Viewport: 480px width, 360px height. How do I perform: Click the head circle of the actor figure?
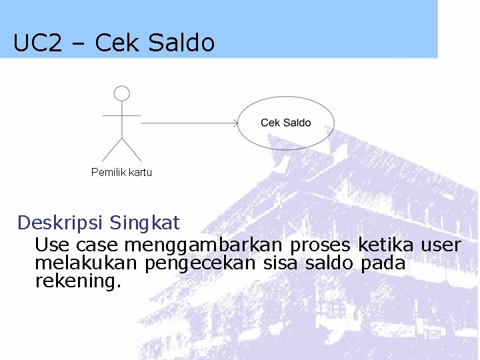(x=121, y=93)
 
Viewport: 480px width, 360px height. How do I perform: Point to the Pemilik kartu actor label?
(x=121, y=173)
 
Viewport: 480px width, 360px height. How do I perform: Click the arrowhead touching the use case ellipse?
(x=235, y=123)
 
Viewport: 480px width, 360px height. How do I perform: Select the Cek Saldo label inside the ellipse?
(x=285, y=123)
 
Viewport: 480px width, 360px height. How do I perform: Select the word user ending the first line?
(x=440, y=245)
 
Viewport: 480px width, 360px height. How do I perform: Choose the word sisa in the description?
(x=281, y=263)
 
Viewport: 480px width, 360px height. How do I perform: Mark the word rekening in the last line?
(x=76, y=281)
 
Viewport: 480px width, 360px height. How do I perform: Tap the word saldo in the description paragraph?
(x=330, y=263)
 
